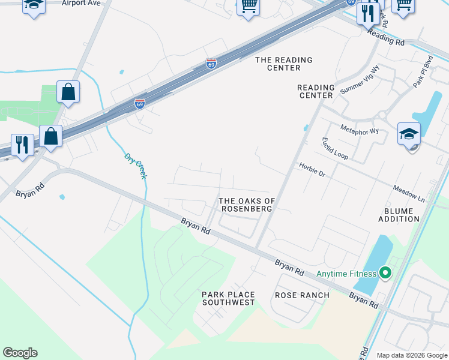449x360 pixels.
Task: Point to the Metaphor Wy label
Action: point(360,130)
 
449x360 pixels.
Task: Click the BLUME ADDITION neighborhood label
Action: point(399,215)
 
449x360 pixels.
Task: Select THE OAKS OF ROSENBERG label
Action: point(247,205)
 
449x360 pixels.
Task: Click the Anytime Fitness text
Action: point(346,274)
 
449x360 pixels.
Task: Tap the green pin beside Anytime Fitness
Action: point(385,274)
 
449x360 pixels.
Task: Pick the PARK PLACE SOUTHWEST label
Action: point(228,298)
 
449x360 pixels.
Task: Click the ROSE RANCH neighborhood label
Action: point(302,295)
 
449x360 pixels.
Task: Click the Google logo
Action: point(20,353)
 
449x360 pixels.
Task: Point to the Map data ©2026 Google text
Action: point(411,355)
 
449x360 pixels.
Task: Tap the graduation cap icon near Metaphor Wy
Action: point(409,134)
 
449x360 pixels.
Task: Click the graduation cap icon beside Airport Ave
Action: point(34,6)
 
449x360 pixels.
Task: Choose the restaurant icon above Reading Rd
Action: point(368,13)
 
